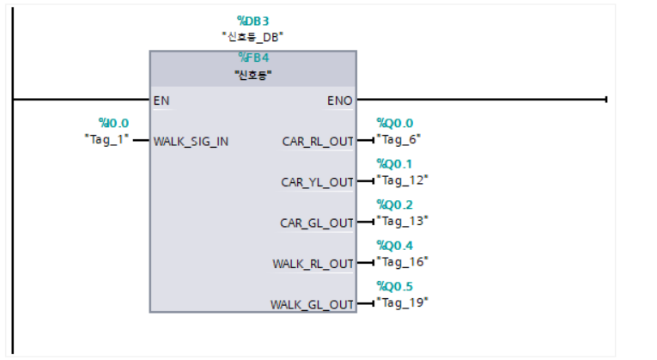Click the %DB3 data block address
(253, 21)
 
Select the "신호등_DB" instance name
(253, 37)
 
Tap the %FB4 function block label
(253, 58)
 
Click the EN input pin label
(161, 101)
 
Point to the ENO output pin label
(339, 101)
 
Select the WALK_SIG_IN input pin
(191, 141)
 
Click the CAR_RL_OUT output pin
(318, 141)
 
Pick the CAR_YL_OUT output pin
(318, 182)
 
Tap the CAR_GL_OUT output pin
(317, 223)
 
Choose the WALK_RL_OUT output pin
(313, 264)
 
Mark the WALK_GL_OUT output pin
(313, 305)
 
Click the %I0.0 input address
(113, 123)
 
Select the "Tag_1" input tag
(106, 137)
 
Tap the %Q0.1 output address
(394, 164)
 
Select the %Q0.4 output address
(394, 246)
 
